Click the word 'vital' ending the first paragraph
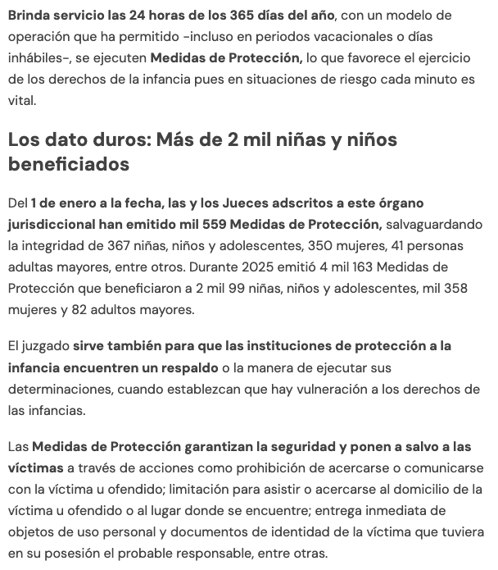[x=22, y=100]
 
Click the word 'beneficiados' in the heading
[x=69, y=164]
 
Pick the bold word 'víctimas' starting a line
[x=35, y=467]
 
